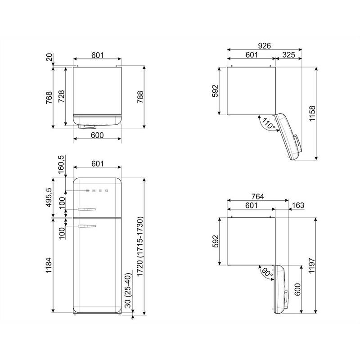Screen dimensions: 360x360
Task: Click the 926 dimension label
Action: click(264, 46)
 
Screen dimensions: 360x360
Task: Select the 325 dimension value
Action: click(288, 54)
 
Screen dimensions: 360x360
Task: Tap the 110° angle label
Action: click(268, 124)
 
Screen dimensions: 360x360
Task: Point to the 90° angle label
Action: click(267, 273)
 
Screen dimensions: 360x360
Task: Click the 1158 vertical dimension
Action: click(312, 114)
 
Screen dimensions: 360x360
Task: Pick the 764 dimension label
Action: click(258, 197)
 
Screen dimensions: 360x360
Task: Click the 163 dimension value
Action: click(298, 205)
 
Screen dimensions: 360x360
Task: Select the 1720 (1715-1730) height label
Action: click(140, 246)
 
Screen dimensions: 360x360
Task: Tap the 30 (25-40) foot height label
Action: click(128, 290)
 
